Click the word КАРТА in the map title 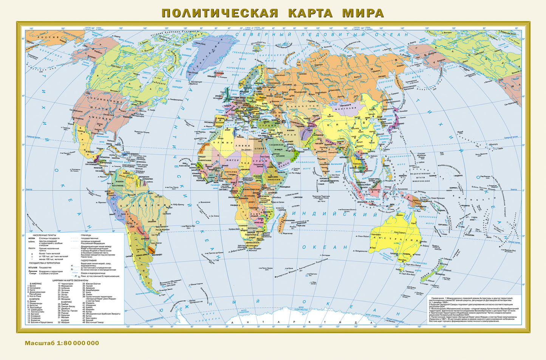click(311, 13)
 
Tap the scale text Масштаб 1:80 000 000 click(62, 343)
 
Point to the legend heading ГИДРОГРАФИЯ click(90, 261)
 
